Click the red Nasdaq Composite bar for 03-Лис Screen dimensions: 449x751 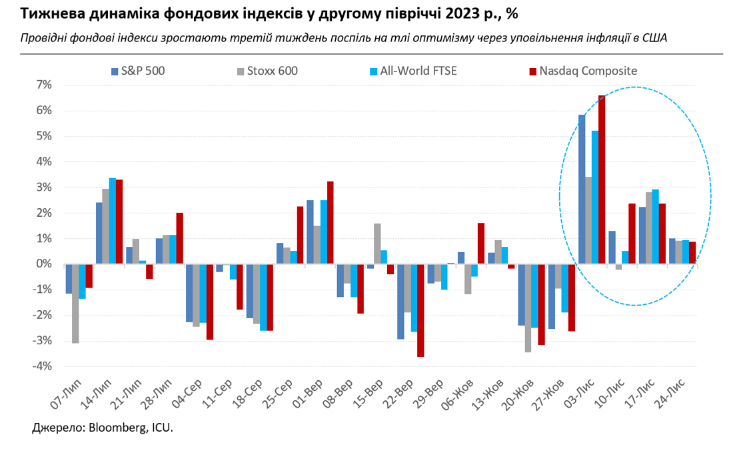click(602, 180)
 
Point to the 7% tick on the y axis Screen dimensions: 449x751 click(43, 85)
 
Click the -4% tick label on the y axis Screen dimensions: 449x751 click(42, 366)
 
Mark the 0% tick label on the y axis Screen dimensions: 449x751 click(43, 264)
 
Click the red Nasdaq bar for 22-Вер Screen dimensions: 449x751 click(420, 310)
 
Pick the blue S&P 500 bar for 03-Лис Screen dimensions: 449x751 click(582, 189)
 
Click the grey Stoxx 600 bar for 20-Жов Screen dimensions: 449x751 click(528, 308)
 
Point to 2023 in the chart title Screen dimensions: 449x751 click(470, 13)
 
